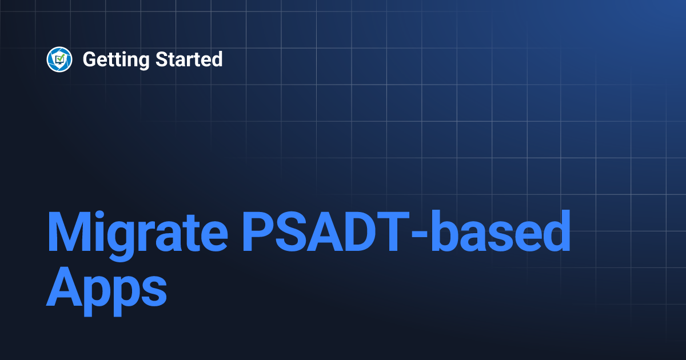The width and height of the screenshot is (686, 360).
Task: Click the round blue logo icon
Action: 59,59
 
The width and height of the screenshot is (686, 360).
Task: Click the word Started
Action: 189,59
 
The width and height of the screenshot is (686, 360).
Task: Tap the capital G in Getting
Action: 90,59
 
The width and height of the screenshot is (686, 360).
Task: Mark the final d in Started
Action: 217,59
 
